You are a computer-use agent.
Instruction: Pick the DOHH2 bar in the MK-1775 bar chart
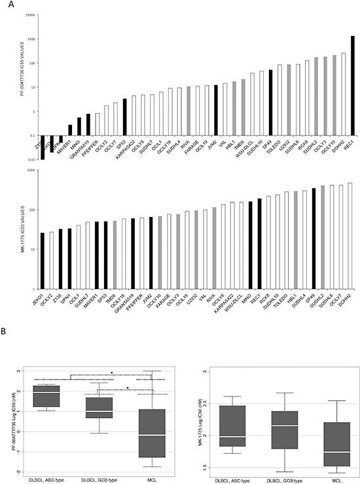[349, 235]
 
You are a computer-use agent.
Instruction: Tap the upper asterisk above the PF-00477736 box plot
[112, 373]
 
